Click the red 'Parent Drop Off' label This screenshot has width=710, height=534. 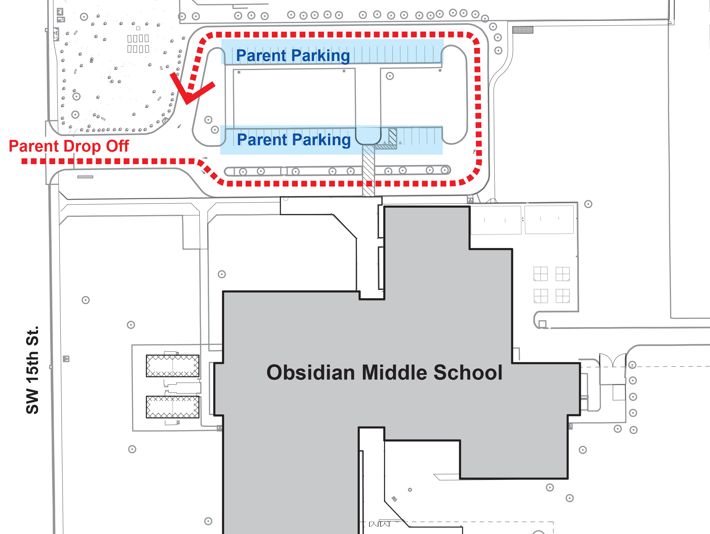(69, 147)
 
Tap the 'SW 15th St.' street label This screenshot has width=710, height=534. (32, 370)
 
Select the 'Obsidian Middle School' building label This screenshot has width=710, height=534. (384, 373)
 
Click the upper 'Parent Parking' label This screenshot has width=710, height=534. (293, 55)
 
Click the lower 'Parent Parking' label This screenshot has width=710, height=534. (294, 140)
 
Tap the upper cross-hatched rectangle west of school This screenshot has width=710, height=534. (172, 366)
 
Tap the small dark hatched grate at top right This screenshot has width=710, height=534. (523, 30)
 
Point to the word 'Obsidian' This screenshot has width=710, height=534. (310, 373)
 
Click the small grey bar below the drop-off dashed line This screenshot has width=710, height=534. (85, 177)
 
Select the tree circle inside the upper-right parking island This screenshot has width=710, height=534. (390, 76)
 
